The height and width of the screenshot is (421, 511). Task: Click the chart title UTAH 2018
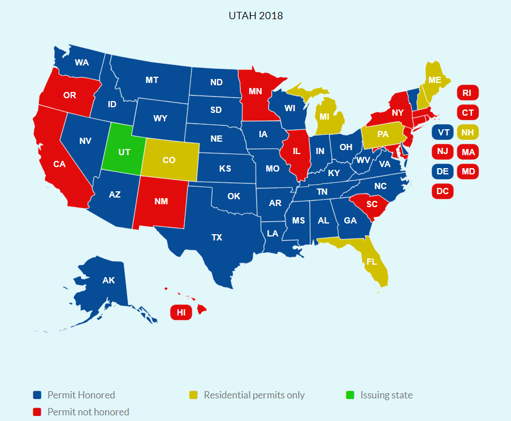click(x=255, y=15)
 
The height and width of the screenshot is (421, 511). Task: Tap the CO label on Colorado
click(x=169, y=160)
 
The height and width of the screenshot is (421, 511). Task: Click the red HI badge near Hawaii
click(x=181, y=312)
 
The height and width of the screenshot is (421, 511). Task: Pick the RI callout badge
click(x=467, y=93)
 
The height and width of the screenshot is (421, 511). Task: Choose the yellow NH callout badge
click(x=467, y=132)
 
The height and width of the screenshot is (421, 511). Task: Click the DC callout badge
click(x=443, y=191)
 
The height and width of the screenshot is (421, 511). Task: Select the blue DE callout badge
click(x=443, y=171)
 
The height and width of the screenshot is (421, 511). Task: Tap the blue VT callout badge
click(x=443, y=132)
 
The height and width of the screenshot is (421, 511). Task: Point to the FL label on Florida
click(x=372, y=262)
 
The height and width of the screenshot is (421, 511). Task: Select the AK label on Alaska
click(x=109, y=280)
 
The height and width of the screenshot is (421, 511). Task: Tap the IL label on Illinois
click(x=296, y=151)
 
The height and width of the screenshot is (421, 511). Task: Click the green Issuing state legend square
click(x=350, y=395)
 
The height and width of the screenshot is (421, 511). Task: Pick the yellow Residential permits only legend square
click(x=193, y=395)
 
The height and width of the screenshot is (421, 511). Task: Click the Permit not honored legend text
click(x=88, y=412)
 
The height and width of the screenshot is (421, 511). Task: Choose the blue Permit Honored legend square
click(x=37, y=395)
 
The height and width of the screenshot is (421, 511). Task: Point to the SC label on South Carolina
click(x=371, y=204)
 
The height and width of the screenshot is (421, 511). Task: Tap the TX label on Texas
click(x=216, y=238)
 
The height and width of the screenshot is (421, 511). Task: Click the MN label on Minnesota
click(x=255, y=91)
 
